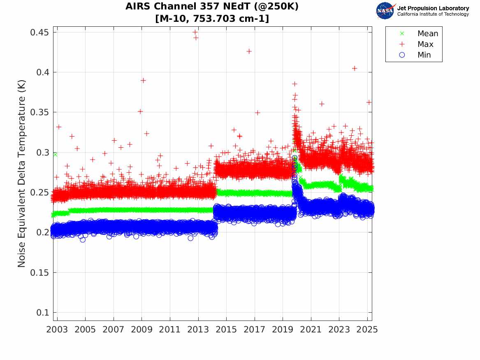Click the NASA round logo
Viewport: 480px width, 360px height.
[x=385, y=11]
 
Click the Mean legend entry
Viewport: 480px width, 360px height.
[x=427, y=33]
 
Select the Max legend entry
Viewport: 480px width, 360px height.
[x=425, y=44]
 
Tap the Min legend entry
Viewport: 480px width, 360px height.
[x=424, y=55]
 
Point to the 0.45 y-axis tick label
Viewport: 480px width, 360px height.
[x=39, y=33]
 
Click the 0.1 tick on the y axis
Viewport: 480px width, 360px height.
[x=42, y=313]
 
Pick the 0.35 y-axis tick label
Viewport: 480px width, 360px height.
[x=39, y=112]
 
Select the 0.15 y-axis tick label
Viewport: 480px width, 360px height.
[x=39, y=273]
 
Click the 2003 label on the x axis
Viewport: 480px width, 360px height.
[x=57, y=330]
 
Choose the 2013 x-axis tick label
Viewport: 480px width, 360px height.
[x=198, y=330]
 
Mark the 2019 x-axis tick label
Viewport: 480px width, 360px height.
[x=283, y=330]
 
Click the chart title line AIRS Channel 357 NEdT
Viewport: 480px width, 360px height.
[x=212, y=7]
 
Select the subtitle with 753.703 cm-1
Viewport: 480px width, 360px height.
[x=212, y=19]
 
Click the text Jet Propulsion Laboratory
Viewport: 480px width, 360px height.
[x=433, y=8]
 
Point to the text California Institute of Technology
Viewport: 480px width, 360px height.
[x=433, y=14]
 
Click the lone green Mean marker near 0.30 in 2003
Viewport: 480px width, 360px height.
[x=55, y=154]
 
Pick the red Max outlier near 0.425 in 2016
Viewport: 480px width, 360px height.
[x=249, y=51]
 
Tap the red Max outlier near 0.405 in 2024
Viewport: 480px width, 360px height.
[x=355, y=68]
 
